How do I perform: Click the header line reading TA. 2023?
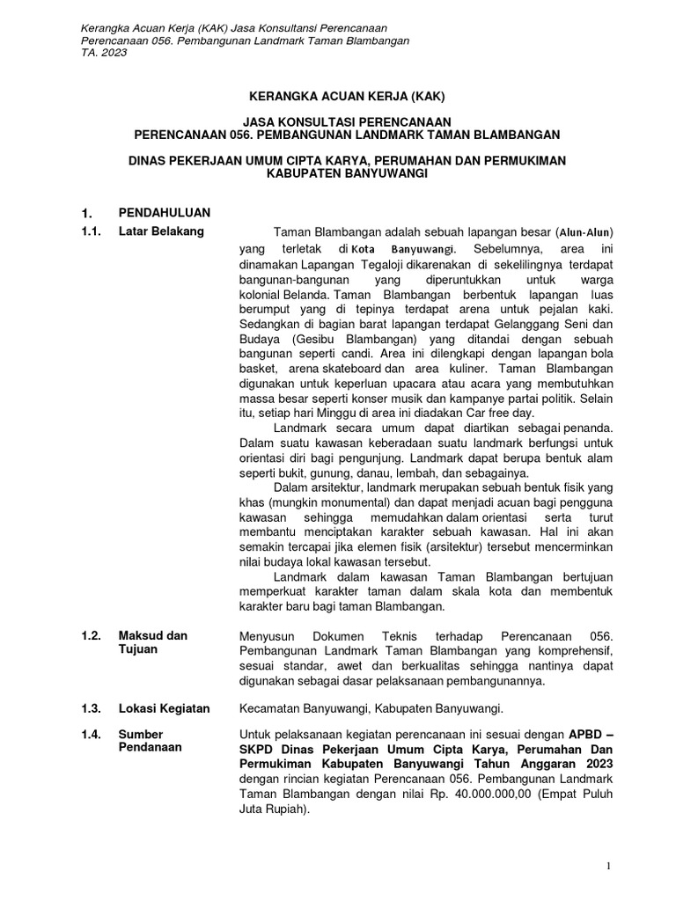[x=103, y=53]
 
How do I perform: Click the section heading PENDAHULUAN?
[x=165, y=213]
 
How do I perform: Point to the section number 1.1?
[x=91, y=231]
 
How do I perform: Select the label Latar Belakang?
[x=161, y=231]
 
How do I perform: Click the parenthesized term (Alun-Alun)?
[x=584, y=232]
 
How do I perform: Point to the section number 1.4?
[x=91, y=734]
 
